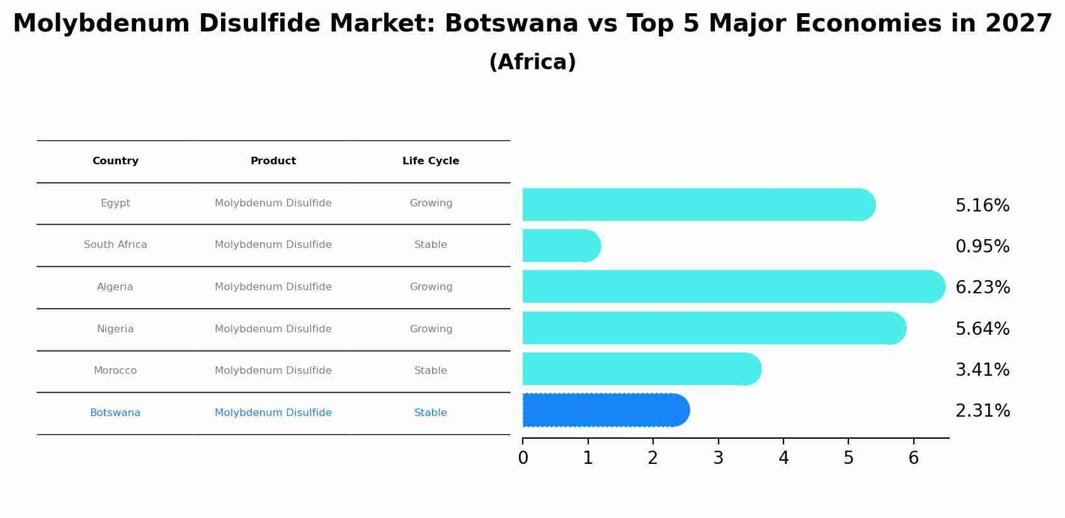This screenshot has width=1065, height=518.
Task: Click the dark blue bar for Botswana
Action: (x=605, y=410)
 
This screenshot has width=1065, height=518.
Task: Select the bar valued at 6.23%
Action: (x=731, y=286)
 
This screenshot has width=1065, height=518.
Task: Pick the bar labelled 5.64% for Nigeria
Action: (x=712, y=328)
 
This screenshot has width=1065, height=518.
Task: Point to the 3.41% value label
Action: (x=982, y=370)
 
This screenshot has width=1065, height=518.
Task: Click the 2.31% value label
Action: (x=982, y=411)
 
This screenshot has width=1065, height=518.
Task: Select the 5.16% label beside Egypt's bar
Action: (x=982, y=206)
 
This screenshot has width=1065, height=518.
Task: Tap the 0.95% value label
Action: (x=982, y=247)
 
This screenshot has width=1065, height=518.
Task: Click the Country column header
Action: (x=115, y=161)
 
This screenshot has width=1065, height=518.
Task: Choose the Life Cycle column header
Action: (x=431, y=161)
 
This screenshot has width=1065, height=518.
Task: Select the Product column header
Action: (x=273, y=161)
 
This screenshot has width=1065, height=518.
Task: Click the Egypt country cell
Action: (x=115, y=203)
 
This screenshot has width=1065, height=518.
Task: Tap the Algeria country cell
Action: (x=115, y=287)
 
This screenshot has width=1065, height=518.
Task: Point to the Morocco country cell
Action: (x=115, y=371)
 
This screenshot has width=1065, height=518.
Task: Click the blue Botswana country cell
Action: (x=115, y=413)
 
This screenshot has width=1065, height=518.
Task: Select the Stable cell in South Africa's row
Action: (x=431, y=245)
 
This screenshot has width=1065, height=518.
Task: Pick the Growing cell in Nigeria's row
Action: (x=431, y=329)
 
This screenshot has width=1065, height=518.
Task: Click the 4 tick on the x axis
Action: (x=783, y=458)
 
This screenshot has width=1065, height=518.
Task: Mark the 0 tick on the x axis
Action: (x=523, y=458)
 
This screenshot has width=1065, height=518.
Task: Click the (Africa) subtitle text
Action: (x=532, y=62)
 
